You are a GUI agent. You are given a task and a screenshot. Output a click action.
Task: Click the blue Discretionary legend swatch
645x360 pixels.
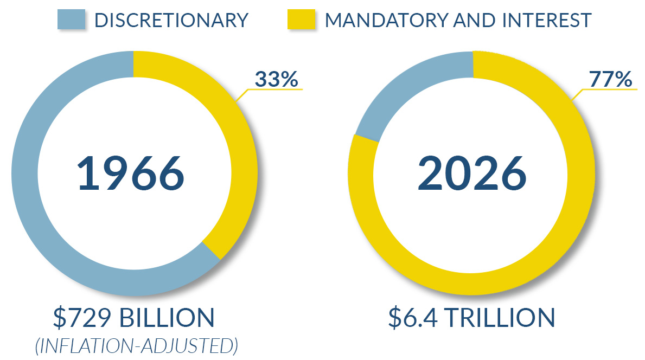click(72, 20)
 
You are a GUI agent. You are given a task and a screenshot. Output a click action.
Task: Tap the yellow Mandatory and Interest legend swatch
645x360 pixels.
click(301, 20)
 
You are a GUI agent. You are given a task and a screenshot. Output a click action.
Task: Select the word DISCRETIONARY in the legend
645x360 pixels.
click(171, 20)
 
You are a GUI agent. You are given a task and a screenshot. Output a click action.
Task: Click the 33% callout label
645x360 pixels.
click(276, 80)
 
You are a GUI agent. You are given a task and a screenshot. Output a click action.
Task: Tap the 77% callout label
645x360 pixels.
click(610, 80)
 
